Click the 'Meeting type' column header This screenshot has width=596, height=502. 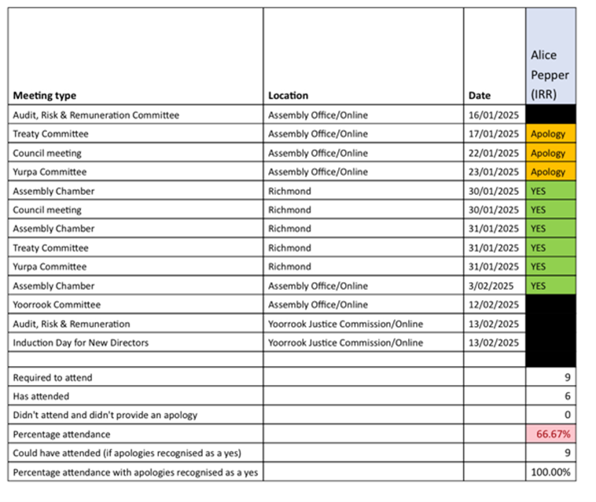(45, 96)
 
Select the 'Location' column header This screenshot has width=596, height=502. (288, 96)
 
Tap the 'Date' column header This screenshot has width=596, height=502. (480, 96)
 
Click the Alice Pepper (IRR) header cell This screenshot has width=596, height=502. (550, 75)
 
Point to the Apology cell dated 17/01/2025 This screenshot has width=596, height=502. (549, 134)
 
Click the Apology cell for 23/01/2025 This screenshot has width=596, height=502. (549, 172)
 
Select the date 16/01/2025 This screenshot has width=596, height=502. (494, 115)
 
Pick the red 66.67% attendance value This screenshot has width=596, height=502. (553, 434)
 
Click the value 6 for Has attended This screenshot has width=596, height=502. (567, 397)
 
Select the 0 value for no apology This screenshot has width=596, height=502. (567, 416)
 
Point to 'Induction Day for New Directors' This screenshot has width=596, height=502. (81, 343)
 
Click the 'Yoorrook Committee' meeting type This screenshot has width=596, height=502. (57, 305)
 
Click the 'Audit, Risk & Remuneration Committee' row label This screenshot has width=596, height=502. (96, 115)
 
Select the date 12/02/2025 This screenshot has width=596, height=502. (494, 305)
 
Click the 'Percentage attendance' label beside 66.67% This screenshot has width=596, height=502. (61, 434)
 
